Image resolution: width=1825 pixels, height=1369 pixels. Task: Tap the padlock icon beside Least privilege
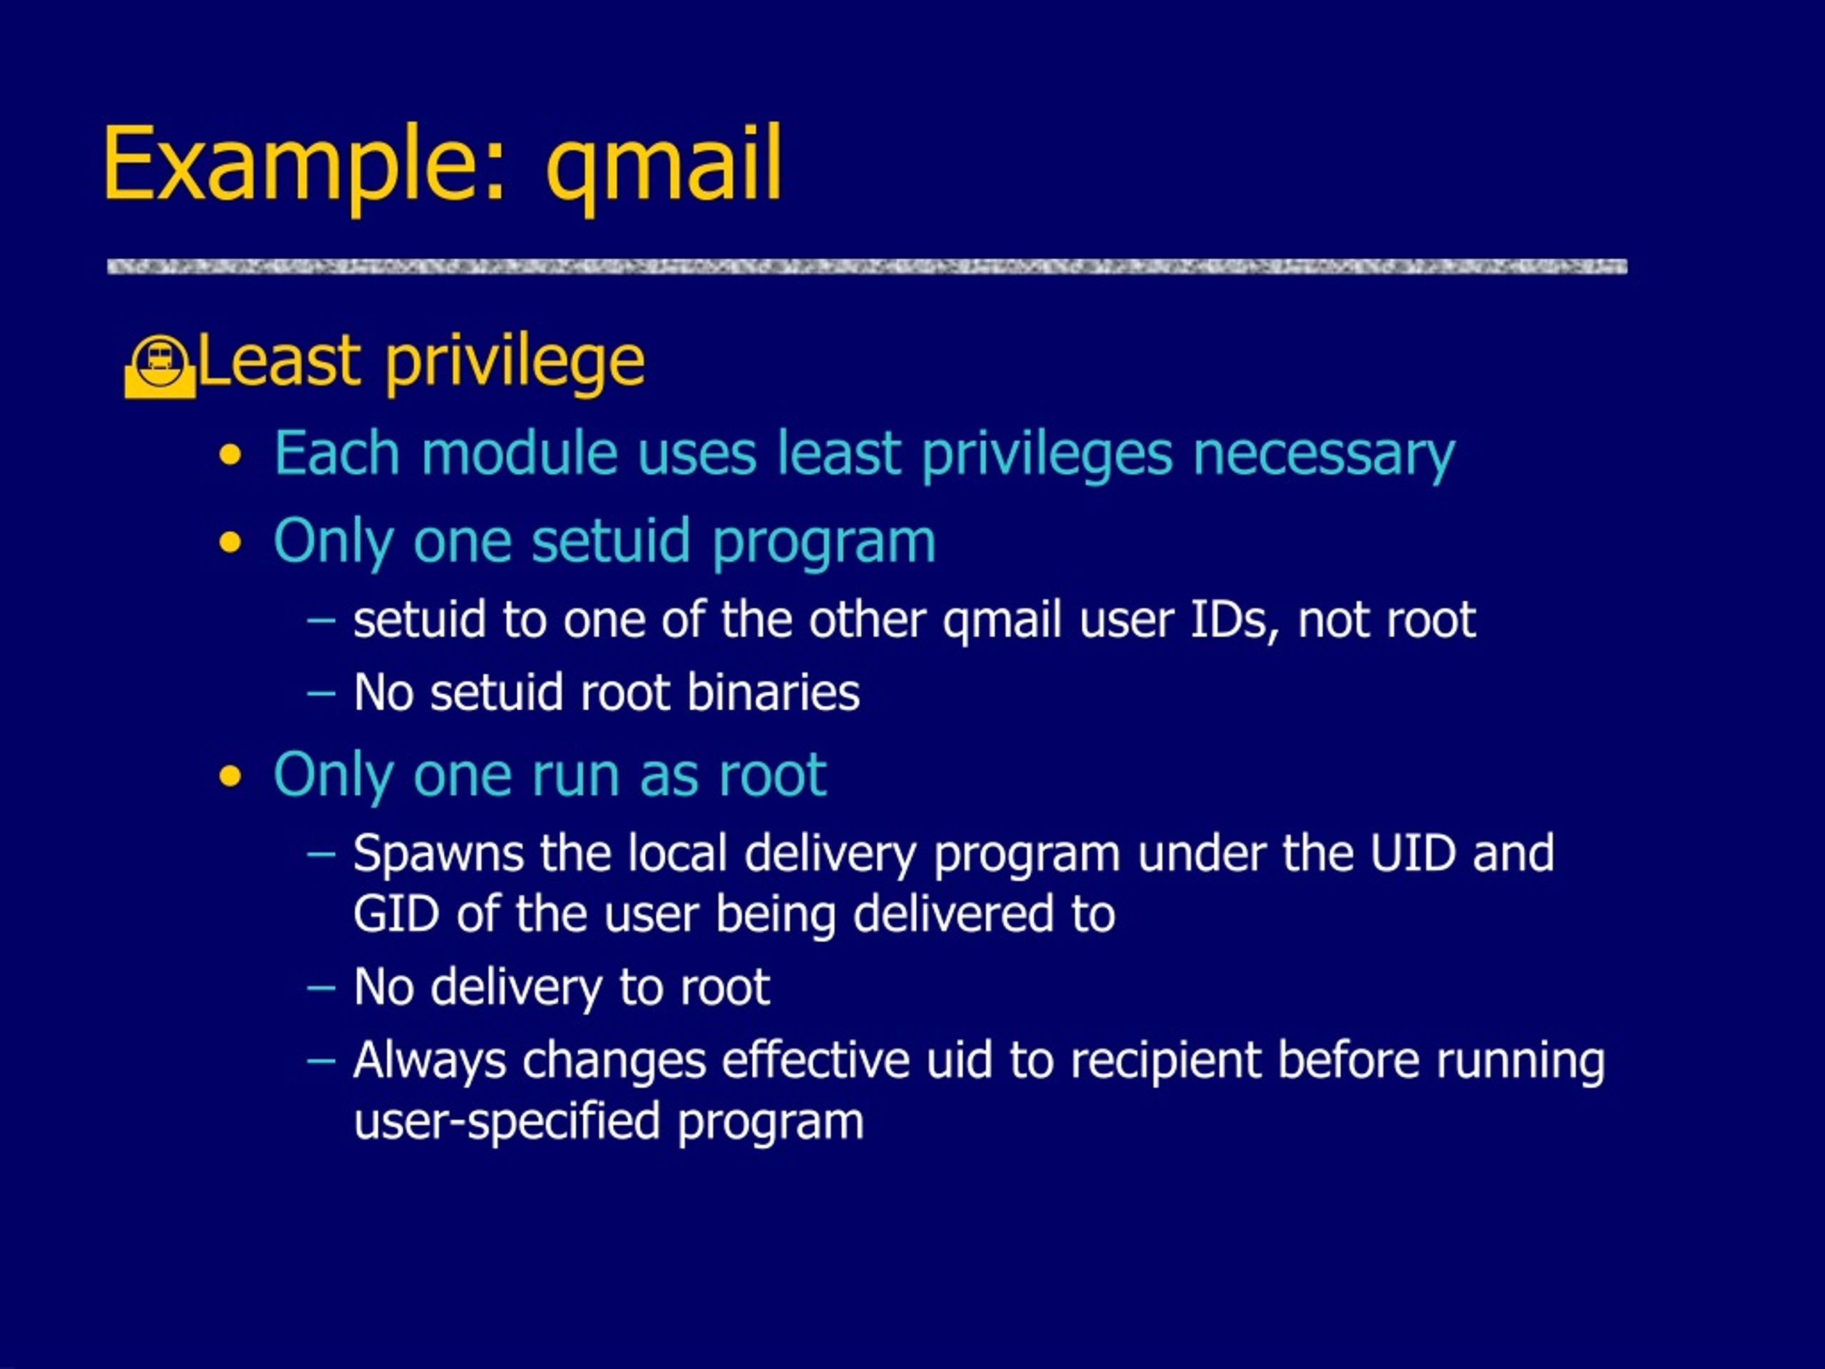pyautogui.click(x=160, y=367)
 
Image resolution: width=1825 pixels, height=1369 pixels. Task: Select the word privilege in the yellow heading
pyautogui.click(x=515, y=364)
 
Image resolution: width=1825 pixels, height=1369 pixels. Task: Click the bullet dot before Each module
pyautogui.click(x=231, y=456)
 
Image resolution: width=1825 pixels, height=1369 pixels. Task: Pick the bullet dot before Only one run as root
pyautogui.click(x=231, y=776)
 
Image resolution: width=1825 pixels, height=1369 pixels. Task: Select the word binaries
pyautogui.click(x=773, y=692)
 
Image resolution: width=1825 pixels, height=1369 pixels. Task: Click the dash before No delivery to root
pyautogui.click(x=321, y=988)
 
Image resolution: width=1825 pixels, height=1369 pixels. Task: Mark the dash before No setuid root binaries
pyautogui.click(x=321, y=694)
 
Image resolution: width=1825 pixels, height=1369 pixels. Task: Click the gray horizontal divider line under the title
pyautogui.click(x=867, y=267)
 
